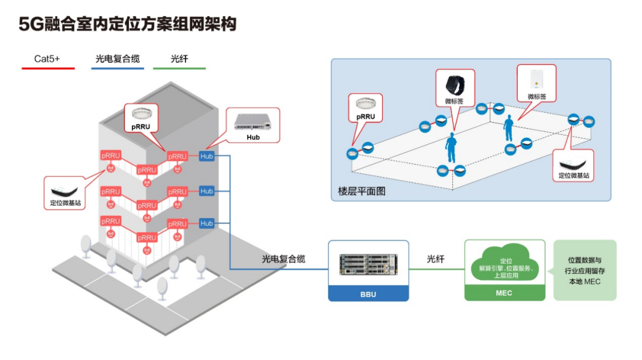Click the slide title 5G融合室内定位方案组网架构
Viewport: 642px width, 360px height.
click(x=128, y=24)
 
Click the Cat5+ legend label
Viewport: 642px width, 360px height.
click(x=47, y=59)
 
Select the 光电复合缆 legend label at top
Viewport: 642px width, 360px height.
click(x=117, y=59)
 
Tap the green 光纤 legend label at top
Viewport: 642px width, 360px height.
click(x=179, y=59)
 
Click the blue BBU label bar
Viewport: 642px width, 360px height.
click(x=369, y=294)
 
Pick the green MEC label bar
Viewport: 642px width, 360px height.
click(x=504, y=293)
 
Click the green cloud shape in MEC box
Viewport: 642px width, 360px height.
click(x=504, y=266)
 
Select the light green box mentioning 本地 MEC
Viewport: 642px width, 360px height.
click(x=584, y=270)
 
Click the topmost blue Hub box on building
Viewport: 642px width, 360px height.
click(x=206, y=156)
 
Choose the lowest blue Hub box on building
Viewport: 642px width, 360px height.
click(x=206, y=223)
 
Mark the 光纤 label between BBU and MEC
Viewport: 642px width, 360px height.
click(x=436, y=260)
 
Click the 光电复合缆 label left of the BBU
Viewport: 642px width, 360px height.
click(x=284, y=260)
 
